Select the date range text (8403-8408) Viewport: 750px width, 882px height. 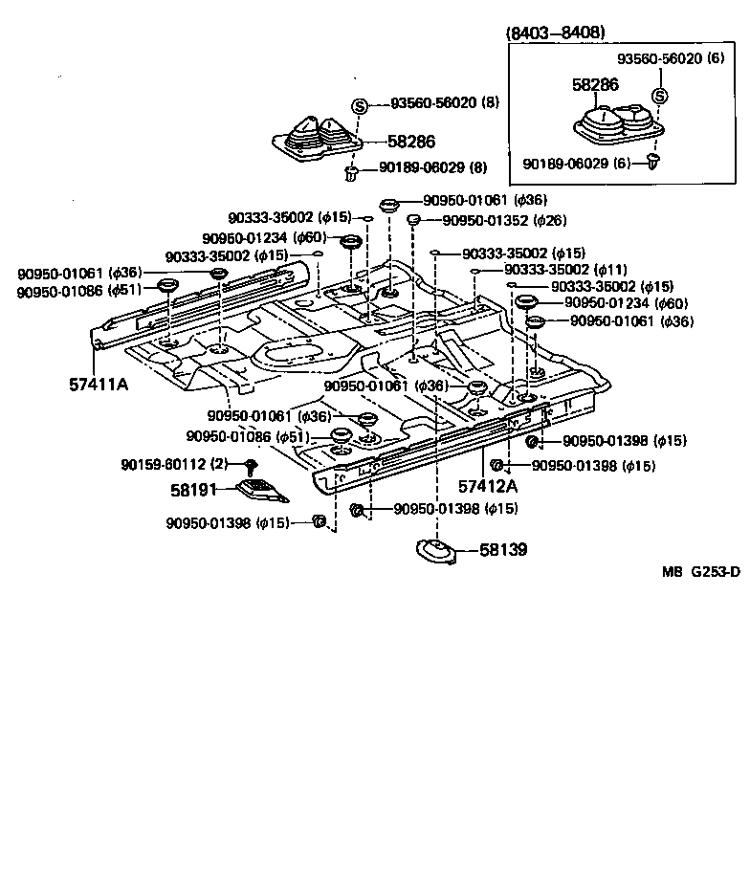point(555,33)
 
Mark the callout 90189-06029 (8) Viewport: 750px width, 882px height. point(432,167)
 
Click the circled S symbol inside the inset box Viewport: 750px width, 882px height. point(659,96)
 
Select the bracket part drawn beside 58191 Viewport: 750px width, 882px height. point(259,490)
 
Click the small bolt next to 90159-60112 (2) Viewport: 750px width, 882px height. point(251,467)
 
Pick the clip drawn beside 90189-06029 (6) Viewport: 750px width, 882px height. point(653,162)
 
